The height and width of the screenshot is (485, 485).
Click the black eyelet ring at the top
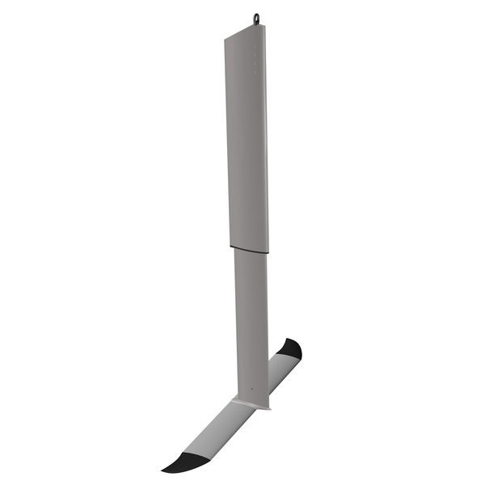(256, 19)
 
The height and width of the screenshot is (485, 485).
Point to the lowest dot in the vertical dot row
(255, 72)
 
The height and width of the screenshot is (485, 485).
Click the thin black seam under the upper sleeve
(248, 247)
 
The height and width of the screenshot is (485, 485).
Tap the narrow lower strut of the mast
(251, 323)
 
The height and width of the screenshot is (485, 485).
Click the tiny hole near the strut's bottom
(252, 388)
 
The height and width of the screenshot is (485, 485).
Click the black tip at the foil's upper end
(291, 348)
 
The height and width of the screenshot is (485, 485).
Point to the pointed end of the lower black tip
(162, 470)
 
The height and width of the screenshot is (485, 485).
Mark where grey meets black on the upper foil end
(288, 356)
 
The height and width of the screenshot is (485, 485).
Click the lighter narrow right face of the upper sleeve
(264, 145)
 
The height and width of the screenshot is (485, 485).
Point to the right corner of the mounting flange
(269, 409)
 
